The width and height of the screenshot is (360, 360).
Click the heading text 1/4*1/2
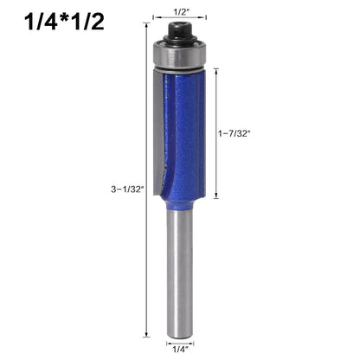(64, 21)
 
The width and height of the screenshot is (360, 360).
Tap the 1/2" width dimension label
(180, 12)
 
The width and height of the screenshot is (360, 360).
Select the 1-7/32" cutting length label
(234, 133)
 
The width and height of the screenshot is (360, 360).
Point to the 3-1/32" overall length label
(127, 190)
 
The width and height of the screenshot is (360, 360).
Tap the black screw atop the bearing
(180, 33)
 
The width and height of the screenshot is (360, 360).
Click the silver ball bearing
(179, 55)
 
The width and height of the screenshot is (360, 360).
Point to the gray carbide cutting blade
(158, 132)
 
